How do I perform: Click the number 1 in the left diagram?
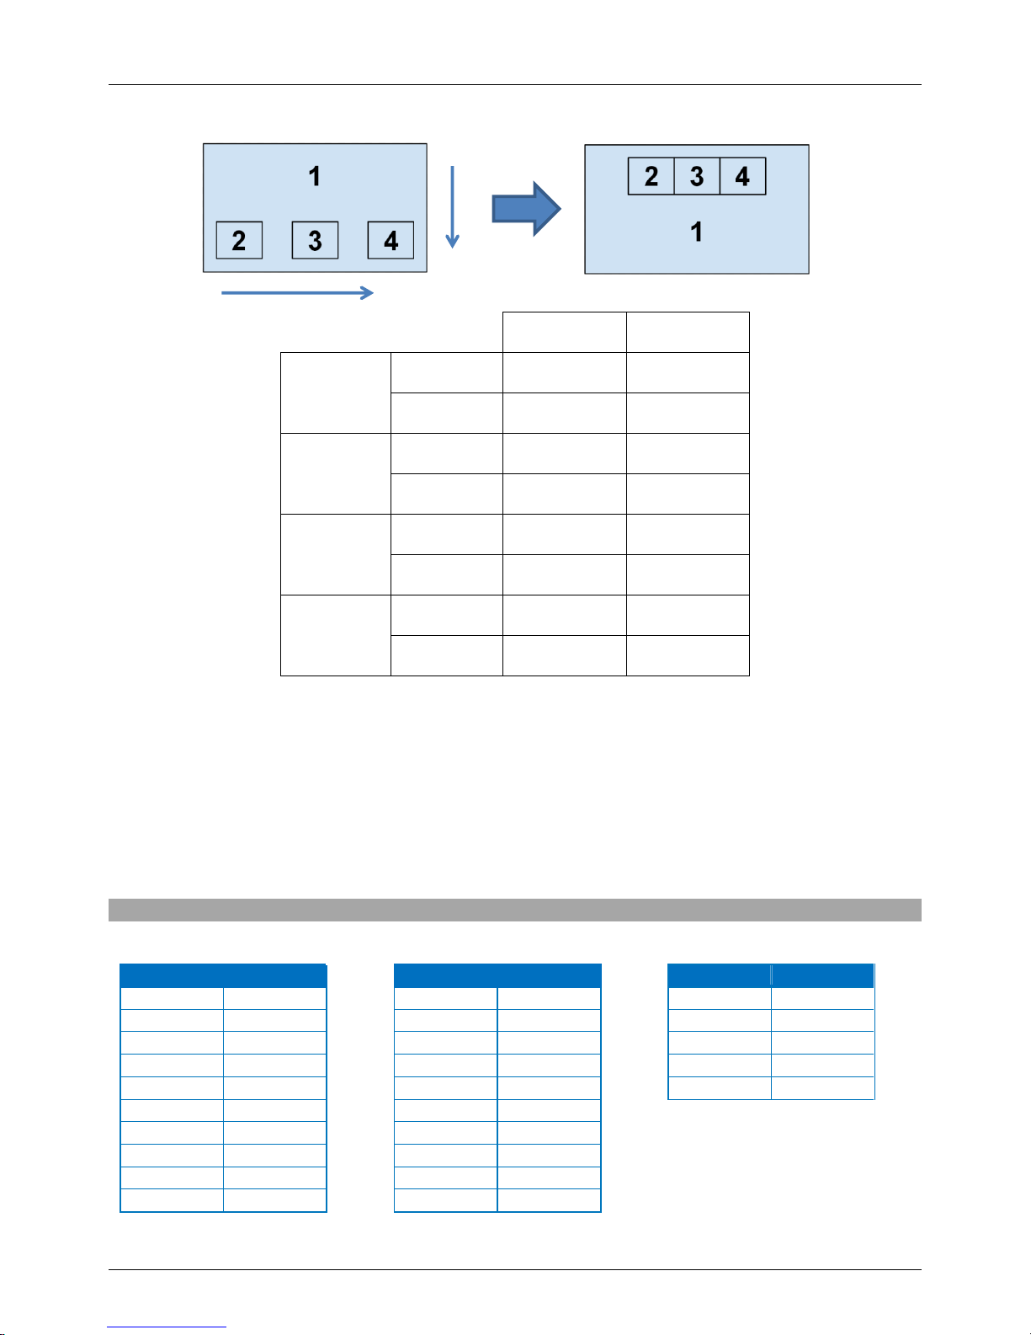pos(315,176)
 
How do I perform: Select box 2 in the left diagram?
pos(239,241)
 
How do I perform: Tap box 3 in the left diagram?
pos(315,241)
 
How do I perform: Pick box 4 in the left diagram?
pos(391,241)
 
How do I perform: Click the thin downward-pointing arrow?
pos(452,207)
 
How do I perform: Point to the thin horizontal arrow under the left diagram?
pos(297,293)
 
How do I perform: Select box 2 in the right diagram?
pos(651,177)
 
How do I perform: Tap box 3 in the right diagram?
pos(697,177)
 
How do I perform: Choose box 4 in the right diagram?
pos(742,177)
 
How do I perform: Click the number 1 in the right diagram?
pos(697,232)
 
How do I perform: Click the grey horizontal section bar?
pos(515,910)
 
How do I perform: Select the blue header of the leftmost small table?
pos(223,975)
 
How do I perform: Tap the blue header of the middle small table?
pos(497,975)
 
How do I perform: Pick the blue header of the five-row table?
pos(771,975)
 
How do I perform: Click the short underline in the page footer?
pos(167,1327)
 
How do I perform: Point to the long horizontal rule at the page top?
pos(515,84)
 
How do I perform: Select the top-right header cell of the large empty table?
pos(688,332)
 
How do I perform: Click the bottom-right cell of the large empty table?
pos(688,655)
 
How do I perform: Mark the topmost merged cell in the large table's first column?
pos(335,392)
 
